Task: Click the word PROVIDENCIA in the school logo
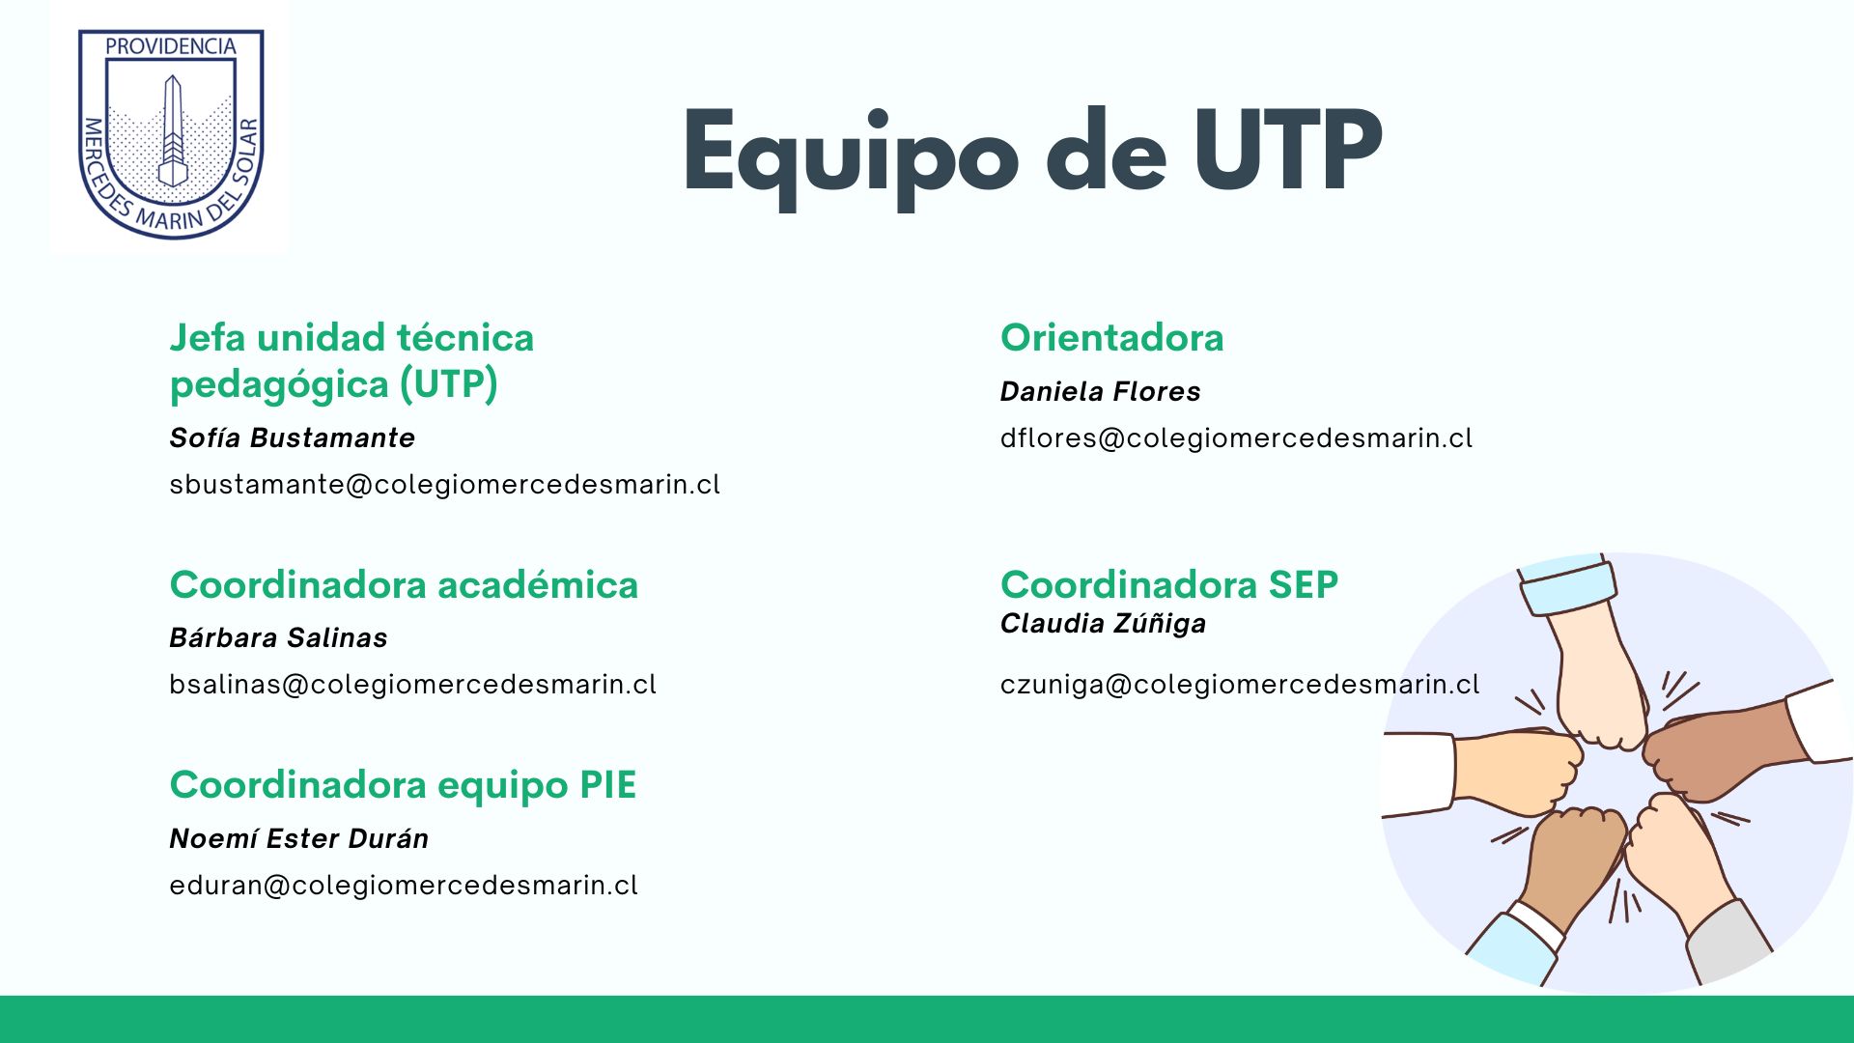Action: click(x=171, y=46)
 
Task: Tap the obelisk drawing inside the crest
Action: click(x=172, y=130)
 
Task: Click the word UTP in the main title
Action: click(x=1287, y=151)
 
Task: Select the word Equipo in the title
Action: click(x=851, y=157)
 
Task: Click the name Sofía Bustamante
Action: click(x=293, y=437)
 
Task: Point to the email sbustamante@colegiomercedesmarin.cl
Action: click(x=445, y=484)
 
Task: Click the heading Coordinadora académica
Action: click(x=404, y=584)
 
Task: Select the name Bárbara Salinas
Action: click(x=279, y=637)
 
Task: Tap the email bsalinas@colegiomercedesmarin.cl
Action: click(x=413, y=684)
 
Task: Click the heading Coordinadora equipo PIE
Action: click(x=404, y=785)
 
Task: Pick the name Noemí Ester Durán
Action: click(x=299, y=838)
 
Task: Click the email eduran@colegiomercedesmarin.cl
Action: click(x=404, y=885)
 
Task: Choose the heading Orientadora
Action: click(x=1112, y=337)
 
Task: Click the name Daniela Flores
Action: click(x=1101, y=391)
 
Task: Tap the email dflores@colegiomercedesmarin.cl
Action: click(x=1237, y=437)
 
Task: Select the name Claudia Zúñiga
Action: click(x=1104, y=624)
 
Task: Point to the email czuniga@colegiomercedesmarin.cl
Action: click(x=1240, y=684)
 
